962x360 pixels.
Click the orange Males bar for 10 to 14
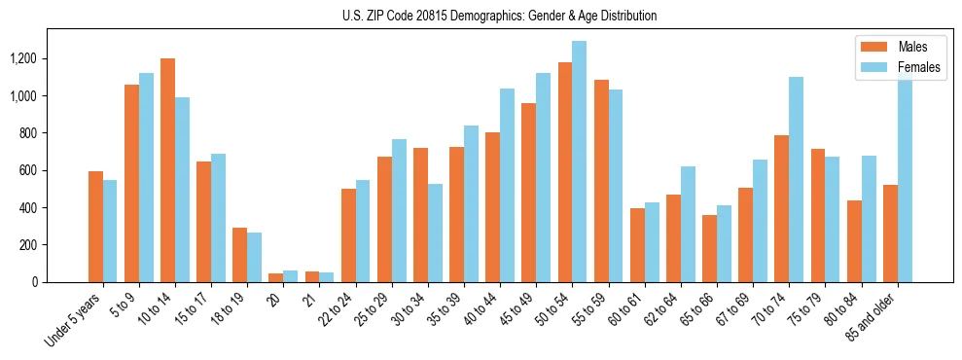167,170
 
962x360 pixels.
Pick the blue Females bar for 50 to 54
580,162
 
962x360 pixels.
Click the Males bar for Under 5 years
95,227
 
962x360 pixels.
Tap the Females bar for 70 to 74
797,180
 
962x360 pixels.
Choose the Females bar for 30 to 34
435,234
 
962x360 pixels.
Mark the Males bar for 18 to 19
240,255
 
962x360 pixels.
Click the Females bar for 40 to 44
507,185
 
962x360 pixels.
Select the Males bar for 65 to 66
709,248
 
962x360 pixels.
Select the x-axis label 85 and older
875,316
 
